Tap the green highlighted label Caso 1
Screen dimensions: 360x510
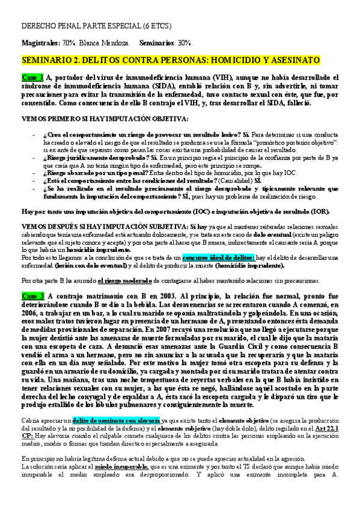(33, 78)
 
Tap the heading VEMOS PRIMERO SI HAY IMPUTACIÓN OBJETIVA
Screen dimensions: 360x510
(105, 118)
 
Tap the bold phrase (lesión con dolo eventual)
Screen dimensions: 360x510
(96, 265)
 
